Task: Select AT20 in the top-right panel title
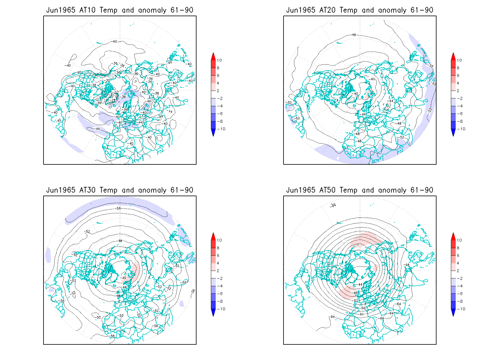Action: (x=327, y=10)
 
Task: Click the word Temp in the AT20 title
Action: (x=348, y=10)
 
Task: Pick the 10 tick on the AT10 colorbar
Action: (x=219, y=60)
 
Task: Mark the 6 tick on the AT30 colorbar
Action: (x=218, y=256)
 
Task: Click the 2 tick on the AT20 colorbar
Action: (x=458, y=91)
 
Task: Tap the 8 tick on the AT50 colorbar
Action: (x=458, y=248)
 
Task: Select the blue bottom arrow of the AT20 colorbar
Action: (x=453, y=133)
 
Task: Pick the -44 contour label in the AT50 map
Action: (x=360, y=284)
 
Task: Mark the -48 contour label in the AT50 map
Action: (x=355, y=293)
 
